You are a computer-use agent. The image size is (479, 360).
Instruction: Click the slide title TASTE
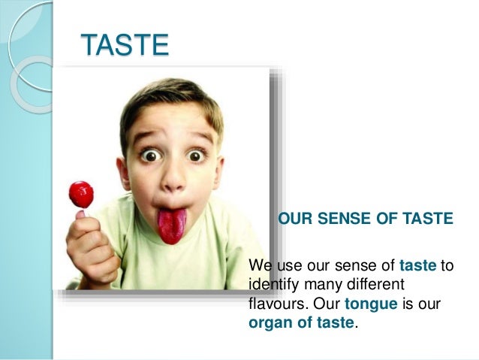tap(125, 45)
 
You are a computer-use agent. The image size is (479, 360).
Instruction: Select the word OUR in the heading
tap(295, 219)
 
